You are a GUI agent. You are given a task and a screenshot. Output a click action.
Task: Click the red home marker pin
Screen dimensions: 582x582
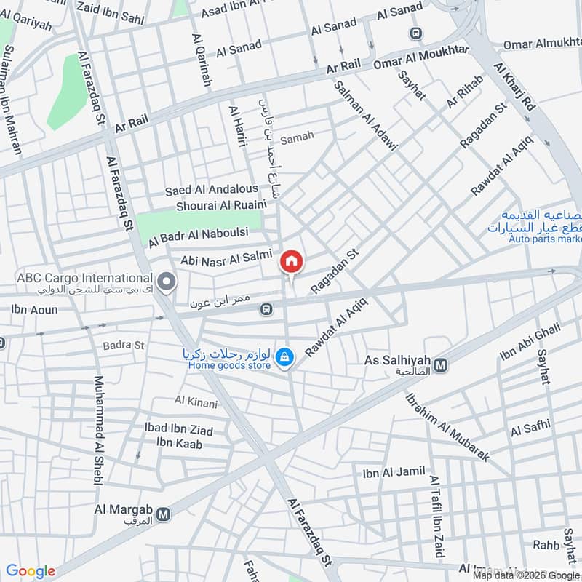tap(291, 261)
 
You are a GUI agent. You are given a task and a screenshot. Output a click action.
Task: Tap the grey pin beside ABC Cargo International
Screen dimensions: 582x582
tap(167, 281)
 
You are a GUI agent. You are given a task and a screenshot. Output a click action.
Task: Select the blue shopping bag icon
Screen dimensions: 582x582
tap(285, 356)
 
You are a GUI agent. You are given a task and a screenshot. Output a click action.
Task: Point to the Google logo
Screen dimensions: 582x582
tap(31, 571)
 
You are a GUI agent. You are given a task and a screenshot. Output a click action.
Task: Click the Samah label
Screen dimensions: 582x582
tap(297, 137)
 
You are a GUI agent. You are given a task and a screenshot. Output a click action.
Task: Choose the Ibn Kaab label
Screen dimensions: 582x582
tap(178, 443)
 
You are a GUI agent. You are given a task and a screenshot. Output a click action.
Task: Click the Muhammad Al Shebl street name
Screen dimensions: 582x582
tap(98, 431)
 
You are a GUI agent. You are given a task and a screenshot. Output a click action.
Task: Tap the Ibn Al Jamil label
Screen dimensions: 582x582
tap(394, 473)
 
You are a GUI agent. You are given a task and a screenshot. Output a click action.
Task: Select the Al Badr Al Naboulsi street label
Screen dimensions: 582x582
tap(199, 236)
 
